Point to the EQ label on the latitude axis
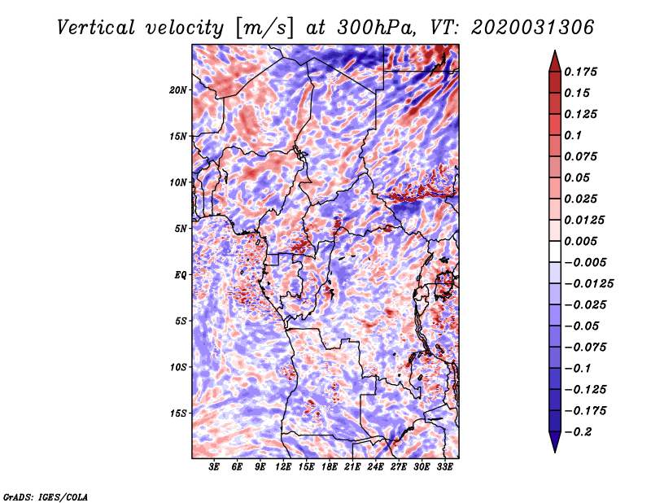(181, 275)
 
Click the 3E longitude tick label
(214, 468)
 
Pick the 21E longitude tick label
(352, 468)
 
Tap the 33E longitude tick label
(445, 468)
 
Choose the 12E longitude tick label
(283, 468)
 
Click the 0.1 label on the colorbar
(575, 135)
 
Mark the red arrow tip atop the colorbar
(554, 53)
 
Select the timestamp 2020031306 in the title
(522, 27)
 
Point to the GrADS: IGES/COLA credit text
(45, 495)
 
